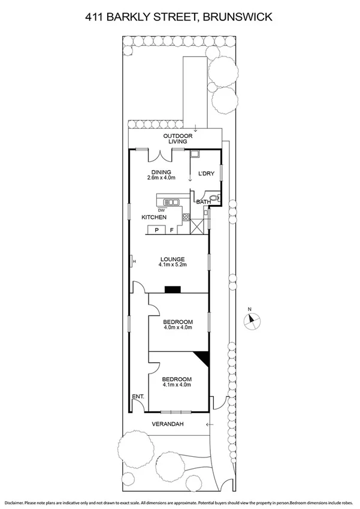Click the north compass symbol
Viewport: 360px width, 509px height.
click(251, 320)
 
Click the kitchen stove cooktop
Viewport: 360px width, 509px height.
click(186, 217)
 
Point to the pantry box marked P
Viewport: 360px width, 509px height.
click(157, 230)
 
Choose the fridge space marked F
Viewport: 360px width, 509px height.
click(172, 230)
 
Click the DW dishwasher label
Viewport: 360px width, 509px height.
click(162, 210)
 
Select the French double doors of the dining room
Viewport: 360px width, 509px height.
click(161, 155)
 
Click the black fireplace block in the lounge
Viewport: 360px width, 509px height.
click(173, 290)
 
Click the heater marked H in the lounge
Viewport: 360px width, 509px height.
click(133, 261)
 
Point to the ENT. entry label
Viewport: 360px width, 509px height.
click(138, 397)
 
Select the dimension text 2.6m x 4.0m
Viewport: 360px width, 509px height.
click(161, 177)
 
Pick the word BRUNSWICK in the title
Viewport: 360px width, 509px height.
click(238, 18)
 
